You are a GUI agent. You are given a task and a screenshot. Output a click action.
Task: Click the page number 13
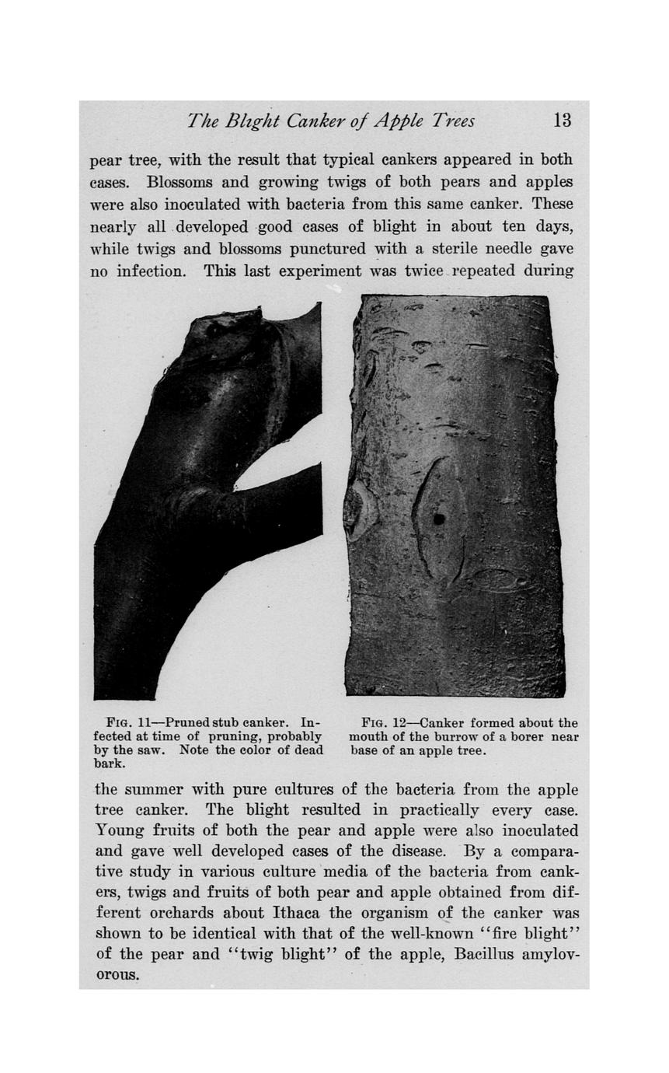(x=562, y=121)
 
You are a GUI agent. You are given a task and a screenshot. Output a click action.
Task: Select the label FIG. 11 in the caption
(x=131, y=723)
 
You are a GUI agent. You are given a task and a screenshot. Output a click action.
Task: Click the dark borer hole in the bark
(x=439, y=519)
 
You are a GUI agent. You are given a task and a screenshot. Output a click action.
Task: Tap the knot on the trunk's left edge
(x=359, y=510)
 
